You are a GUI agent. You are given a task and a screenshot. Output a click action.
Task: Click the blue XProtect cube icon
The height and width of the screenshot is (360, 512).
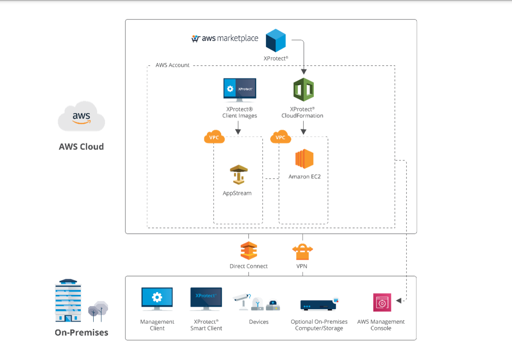click(x=276, y=41)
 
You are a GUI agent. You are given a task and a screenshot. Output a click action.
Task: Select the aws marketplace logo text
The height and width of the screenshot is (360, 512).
click(x=225, y=38)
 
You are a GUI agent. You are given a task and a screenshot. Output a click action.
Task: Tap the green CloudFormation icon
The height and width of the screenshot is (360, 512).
click(x=303, y=90)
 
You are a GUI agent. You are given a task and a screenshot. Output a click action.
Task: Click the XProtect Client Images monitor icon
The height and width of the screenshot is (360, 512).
click(x=240, y=90)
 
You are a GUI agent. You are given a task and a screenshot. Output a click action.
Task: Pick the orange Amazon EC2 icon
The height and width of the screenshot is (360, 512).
click(x=304, y=159)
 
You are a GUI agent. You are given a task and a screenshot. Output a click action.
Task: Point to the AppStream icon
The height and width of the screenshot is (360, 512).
click(x=239, y=175)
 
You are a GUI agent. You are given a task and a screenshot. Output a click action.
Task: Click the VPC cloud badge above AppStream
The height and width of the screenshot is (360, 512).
click(x=214, y=137)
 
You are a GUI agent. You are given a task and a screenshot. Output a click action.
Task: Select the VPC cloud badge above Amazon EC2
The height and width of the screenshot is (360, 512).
click(x=281, y=137)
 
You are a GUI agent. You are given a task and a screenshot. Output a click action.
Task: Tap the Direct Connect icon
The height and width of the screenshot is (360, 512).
click(x=249, y=251)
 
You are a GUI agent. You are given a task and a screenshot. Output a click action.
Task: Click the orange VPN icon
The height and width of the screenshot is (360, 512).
click(x=302, y=251)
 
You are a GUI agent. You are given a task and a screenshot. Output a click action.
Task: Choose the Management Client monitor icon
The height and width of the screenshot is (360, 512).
click(x=157, y=298)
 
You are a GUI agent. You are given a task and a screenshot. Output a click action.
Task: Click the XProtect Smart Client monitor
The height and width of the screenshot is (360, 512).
click(x=206, y=298)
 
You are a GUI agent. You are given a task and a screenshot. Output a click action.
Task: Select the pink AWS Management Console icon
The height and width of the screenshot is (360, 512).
click(x=382, y=302)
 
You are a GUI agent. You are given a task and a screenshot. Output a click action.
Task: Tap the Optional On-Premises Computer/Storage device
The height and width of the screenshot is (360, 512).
click(x=319, y=305)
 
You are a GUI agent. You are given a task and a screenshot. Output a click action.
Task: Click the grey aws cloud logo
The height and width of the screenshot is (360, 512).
click(x=81, y=117)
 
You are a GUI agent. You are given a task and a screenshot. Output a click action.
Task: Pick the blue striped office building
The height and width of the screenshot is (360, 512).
click(x=68, y=301)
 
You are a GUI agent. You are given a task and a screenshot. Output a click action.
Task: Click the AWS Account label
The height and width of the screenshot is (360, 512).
click(x=172, y=65)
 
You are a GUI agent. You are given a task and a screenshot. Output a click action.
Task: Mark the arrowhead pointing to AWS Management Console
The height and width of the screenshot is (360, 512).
click(x=399, y=301)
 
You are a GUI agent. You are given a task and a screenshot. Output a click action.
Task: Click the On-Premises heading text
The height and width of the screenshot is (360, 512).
click(x=81, y=333)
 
